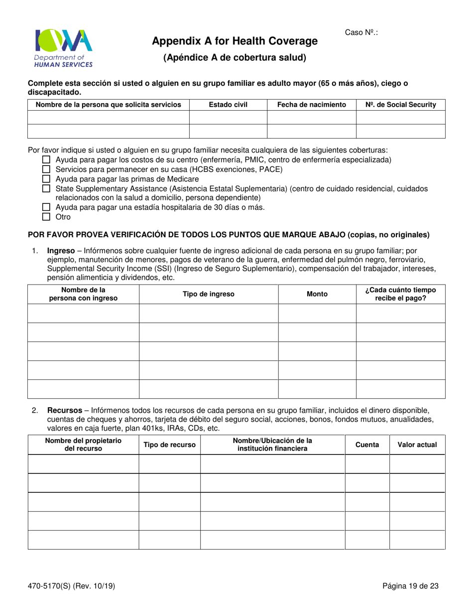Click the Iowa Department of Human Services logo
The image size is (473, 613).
pyautogui.click(x=63, y=48)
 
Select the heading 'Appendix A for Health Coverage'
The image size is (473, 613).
pyautogui.click(x=235, y=41)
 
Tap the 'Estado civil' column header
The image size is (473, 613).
pyautogui.click(x=228, y=105)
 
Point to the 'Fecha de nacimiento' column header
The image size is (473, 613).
pyautogui.click(x=312, y=105)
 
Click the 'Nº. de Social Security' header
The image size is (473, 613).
pyautogui.click(x=400, y=105)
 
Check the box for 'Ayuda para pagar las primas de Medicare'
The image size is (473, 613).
pyautogui.click(x=46, y=179)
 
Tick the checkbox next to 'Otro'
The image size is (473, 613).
pyautogui.click(x=46, y=217)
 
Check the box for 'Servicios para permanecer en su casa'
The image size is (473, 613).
pyautogui.click(x=46, y=169)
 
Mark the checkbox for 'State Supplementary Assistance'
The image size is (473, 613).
pyautogui.click(x=46, y=188)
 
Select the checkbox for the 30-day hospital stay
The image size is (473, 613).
pyautogui.click(x=46, y=207)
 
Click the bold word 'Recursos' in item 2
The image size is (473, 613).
pyautogui.click(x=64, y=411)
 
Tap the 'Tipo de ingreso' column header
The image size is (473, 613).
pyautogui.click(x=208, y=294)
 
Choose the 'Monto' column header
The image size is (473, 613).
pyautogui.click(x=317, y=294)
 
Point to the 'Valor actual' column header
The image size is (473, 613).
pyautogui.click(x=417, y=445)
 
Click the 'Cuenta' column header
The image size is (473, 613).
pyautogui.click(x=366, y=445)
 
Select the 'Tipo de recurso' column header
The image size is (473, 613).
pyautogui.click(x=169, y=445)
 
